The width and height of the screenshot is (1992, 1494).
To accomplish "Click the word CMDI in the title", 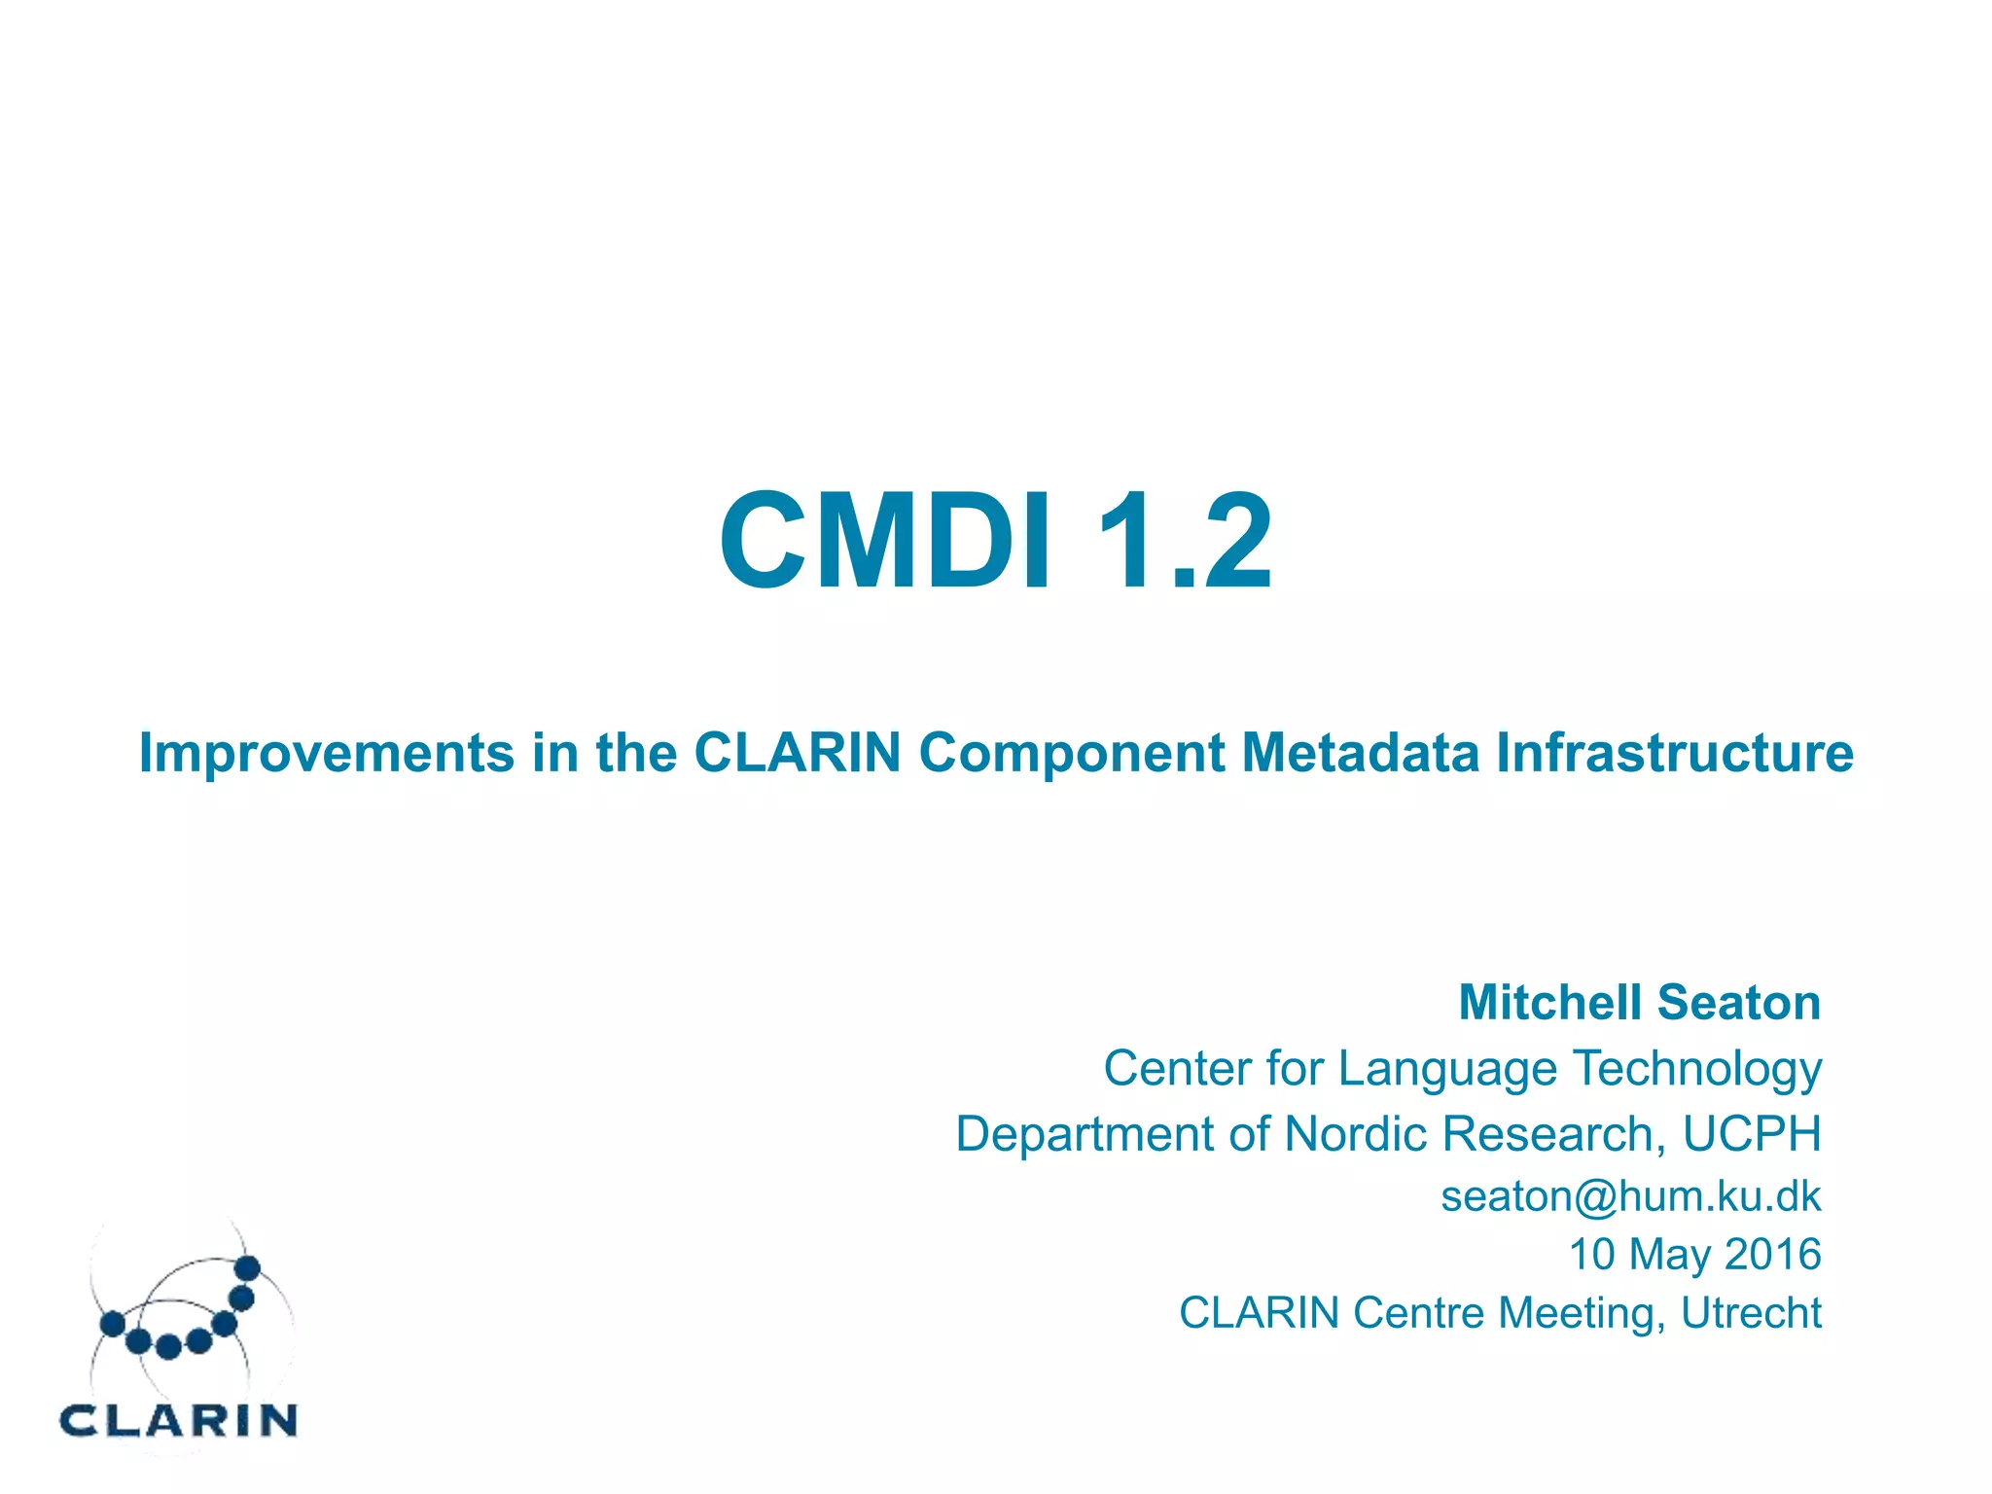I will pyautogui.click(x=885, y=541).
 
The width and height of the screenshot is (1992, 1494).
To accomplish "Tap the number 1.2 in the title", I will pyautogui.click(x=1184, y=541).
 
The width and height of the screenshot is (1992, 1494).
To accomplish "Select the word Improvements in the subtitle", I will pyautogui.click(x=326, y=753).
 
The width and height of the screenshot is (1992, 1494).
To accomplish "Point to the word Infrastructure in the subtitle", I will pyautogui.click(x=1674, y=753).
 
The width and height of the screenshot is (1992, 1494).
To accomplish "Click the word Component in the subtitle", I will pyautogui.click(x=1071, y=753).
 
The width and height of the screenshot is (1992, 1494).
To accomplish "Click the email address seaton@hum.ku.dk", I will pyautogui.click(x=1630, y=1196).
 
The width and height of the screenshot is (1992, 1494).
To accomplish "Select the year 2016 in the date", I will pyautogui.click(x=1772, y=1254).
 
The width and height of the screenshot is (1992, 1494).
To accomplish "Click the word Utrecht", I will pyautogui.click(x=1751, y=1312).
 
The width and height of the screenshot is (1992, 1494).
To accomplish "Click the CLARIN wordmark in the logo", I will pyautogui.click(x=178, y=1421).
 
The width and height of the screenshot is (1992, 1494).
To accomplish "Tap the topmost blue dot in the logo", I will pyautogui.click(x=248, y=1267).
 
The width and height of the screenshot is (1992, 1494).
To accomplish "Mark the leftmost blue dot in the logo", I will pyautogui.click(x=113, y=1324).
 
